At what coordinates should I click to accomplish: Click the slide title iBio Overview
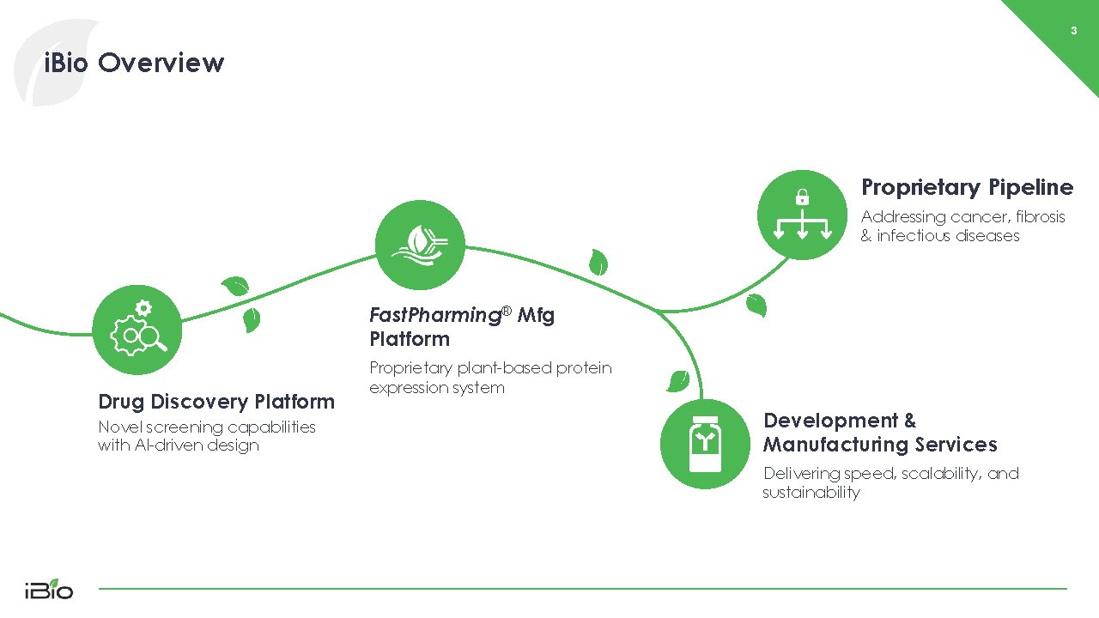[x=134, y=63]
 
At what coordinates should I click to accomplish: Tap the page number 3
[x=1073, y=32]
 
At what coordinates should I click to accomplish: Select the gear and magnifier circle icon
[x=137, y=330]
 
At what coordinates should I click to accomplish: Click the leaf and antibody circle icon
[x=420, y=245]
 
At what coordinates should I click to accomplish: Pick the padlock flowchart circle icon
[x=802, y=215]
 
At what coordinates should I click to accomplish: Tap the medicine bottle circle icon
[x=705, y=444]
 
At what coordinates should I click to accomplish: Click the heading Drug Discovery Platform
[x=216, y=402]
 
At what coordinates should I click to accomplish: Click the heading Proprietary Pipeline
[x=967, y=187]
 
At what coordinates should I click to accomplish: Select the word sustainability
[x=811, y=493]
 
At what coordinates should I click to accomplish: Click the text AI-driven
[x=163, y=445]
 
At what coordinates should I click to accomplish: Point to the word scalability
[x=929, y=474]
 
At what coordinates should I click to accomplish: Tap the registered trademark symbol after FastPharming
[x=507, y=310]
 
